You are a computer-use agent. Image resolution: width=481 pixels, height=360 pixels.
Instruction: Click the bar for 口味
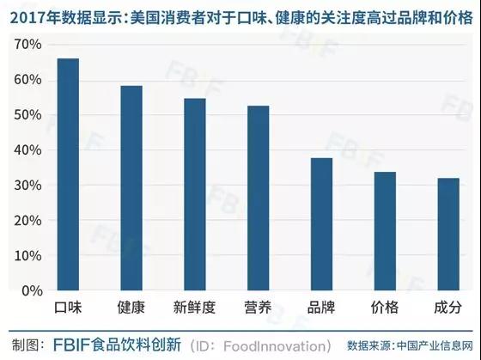(x=68, y=174)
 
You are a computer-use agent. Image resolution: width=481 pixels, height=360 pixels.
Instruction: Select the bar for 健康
(x=131, y=188)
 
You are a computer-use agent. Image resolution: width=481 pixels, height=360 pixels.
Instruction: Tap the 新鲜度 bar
(x=195, y=194)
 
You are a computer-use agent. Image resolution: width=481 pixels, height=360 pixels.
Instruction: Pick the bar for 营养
(x=259, y=198)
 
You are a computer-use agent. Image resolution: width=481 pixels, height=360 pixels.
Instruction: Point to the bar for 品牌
(x=321, y=224)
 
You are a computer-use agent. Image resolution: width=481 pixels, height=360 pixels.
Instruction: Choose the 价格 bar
(x=385, y=231)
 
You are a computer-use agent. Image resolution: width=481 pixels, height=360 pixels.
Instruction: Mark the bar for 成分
(x=448, y=235)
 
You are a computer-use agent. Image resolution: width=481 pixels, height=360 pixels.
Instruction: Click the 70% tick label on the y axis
(x=27, y=45)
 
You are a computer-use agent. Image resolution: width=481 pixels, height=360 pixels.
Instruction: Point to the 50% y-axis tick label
(x=27, y=115)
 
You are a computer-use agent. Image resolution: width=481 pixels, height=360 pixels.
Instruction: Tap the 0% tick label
(x=32, y=290)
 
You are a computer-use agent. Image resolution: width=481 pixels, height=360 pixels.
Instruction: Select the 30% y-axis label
(x=27, y=186)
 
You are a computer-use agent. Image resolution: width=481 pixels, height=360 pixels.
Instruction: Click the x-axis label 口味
(x=68, y=308)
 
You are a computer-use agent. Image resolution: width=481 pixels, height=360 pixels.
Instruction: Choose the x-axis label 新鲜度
(x=194, y=308)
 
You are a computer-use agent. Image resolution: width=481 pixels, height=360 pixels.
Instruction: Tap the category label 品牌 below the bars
(x=321, y=308)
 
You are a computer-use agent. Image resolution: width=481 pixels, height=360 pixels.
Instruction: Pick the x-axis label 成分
(x=448, y=308)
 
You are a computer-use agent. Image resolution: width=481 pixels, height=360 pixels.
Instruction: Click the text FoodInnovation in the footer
(x=274, y=346)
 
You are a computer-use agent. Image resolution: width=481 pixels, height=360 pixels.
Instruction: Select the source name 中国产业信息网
(x=435, y=346)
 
